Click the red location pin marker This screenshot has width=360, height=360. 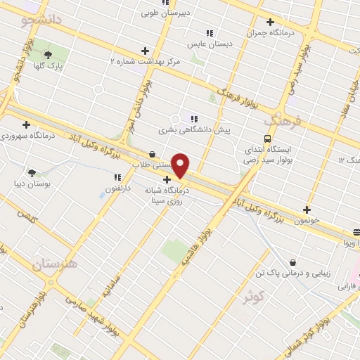point(181,167)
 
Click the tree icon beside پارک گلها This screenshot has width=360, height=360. point(49,55)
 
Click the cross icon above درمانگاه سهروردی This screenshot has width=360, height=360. point(26,124)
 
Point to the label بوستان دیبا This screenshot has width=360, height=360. point(32,184)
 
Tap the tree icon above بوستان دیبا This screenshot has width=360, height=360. point(32,172)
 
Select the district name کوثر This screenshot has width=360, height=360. point(257,298)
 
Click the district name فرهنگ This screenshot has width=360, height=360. point(286,121)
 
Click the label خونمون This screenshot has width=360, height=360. point(307,221)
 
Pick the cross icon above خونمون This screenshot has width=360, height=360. point(307,210)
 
